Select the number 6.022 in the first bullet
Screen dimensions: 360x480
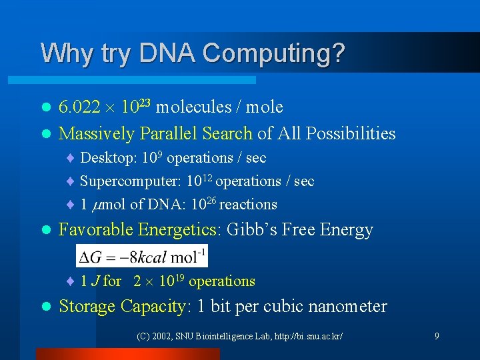[x=79, y=107]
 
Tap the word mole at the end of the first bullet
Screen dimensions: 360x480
[x=265, y=107]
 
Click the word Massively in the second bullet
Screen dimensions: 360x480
[x=97, y=134]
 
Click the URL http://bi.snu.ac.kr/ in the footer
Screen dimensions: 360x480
[x=306, y=337]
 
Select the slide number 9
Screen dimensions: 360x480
[x=437, y=336]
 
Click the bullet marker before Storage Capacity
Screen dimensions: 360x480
[x=45, y=307]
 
